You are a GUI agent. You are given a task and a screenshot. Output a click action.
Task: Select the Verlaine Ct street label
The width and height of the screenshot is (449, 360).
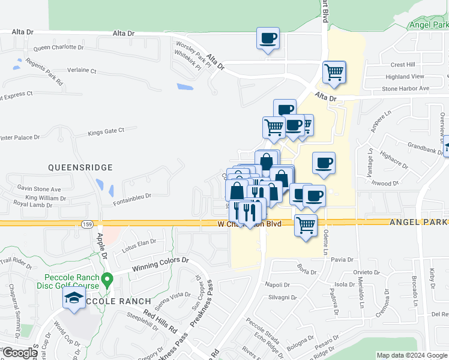tap(82, 70)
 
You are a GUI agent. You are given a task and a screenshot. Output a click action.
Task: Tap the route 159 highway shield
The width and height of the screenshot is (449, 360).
tap(87, 224)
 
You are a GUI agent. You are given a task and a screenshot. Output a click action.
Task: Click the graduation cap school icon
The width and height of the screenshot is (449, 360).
tap(74, 299)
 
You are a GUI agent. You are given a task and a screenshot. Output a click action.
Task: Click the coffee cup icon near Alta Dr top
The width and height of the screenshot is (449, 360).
tap(268, 38)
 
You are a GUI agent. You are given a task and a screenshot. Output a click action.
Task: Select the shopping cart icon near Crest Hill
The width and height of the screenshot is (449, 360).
tap(334, 72)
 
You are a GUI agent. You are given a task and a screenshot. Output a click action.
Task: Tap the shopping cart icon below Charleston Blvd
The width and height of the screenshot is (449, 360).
tap(306, 226)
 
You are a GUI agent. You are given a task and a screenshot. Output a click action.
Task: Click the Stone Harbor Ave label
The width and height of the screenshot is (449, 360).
tap(406, 88)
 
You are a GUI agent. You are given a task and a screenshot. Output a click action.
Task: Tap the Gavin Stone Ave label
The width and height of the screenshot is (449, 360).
tap(39, 189)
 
